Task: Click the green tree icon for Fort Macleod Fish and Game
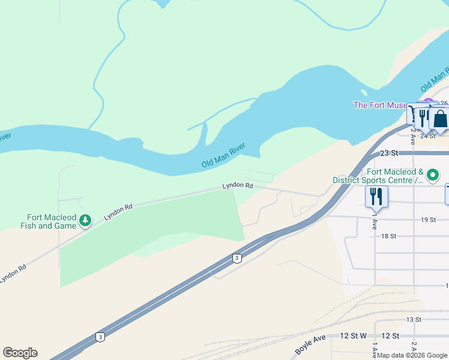tap(85, 221)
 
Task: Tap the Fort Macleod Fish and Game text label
tap(52, 221)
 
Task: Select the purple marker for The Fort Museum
tap(428, 103)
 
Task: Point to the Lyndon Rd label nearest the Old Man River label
tap(238, 186)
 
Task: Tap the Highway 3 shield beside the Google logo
tap(100, 337)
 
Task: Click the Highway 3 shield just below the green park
tap(237, 258)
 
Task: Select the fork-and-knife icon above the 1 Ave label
tap(376, 195)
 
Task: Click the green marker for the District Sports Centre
tap(433, 175)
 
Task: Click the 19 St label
tap(427, 220)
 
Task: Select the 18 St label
tap(389, 236)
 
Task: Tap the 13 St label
tap(414, 319)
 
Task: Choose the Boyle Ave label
tap(310, 344)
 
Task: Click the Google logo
tap(20, 353)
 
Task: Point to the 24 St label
tap(427, 136)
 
